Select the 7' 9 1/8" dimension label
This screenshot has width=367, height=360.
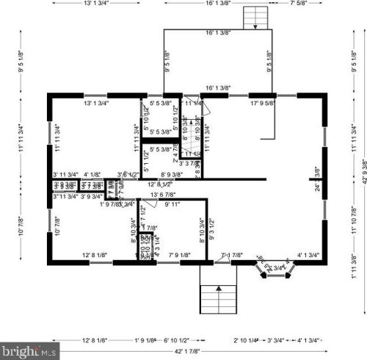(180, 256)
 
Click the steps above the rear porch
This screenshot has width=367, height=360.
(254, 16)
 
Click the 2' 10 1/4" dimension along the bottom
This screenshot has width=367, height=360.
(246, 341)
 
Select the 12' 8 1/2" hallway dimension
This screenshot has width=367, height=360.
(159, 184)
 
